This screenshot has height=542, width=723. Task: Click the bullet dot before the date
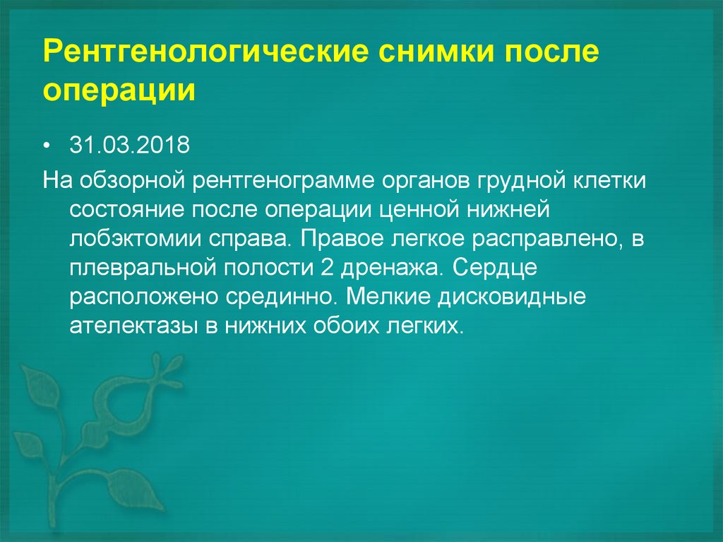tap(47, 146)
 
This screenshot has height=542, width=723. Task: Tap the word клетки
tap(608, 179)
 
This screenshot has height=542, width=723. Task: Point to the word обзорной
tap(133, 179)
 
